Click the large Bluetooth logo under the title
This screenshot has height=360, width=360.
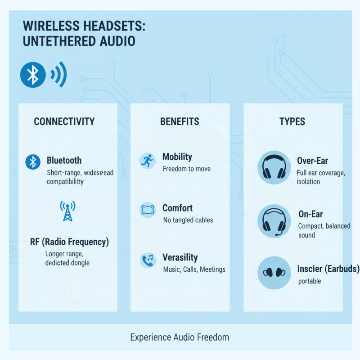click(33, 75)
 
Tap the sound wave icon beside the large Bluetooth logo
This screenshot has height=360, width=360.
click(59, 74)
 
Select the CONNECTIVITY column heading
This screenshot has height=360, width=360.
click(64, 121)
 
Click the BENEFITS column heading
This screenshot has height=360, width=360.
click(180, 121)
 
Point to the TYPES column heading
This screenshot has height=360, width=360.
click(292, 121)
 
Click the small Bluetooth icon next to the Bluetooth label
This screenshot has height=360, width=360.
click(33, 162)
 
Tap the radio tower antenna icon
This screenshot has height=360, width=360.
click(67, 211)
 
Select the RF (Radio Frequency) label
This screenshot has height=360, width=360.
click(69, 242)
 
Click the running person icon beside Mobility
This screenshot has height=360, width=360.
click(147, 161)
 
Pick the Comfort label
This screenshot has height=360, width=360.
click(177, 208)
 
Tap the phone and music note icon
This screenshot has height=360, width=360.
click(148, 260)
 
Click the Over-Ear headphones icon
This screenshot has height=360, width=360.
click(274, 167)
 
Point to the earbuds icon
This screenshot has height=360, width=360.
click(274, 273)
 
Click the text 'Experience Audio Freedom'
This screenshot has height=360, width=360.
click(180, 337)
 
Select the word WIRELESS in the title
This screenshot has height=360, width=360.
click(47, 26)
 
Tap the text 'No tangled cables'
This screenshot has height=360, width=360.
click(188, 220)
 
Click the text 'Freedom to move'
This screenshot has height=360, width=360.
click(186, 169)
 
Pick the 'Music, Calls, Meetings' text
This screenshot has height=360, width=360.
click(193, 270)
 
